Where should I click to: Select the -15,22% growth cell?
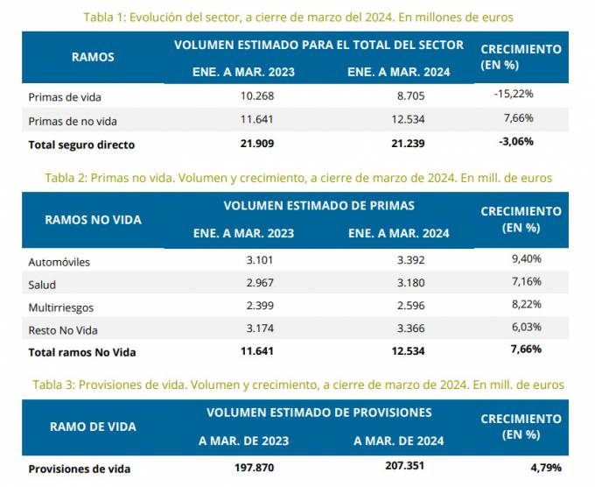[x=514, y=94]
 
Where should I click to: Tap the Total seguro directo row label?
[x=81, y=145]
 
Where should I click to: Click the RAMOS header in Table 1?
[x=93, y=56]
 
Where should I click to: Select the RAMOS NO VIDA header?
[x=93, y=220]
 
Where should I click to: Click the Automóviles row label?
[x=59, y=262]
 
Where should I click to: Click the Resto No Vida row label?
[x=63, y=330]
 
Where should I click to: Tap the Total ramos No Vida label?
[x=82, y=352]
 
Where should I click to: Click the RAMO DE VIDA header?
[x=93, y=427]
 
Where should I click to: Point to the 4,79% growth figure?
[x=543, y=468]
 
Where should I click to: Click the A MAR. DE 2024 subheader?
[x=399, y=441]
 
